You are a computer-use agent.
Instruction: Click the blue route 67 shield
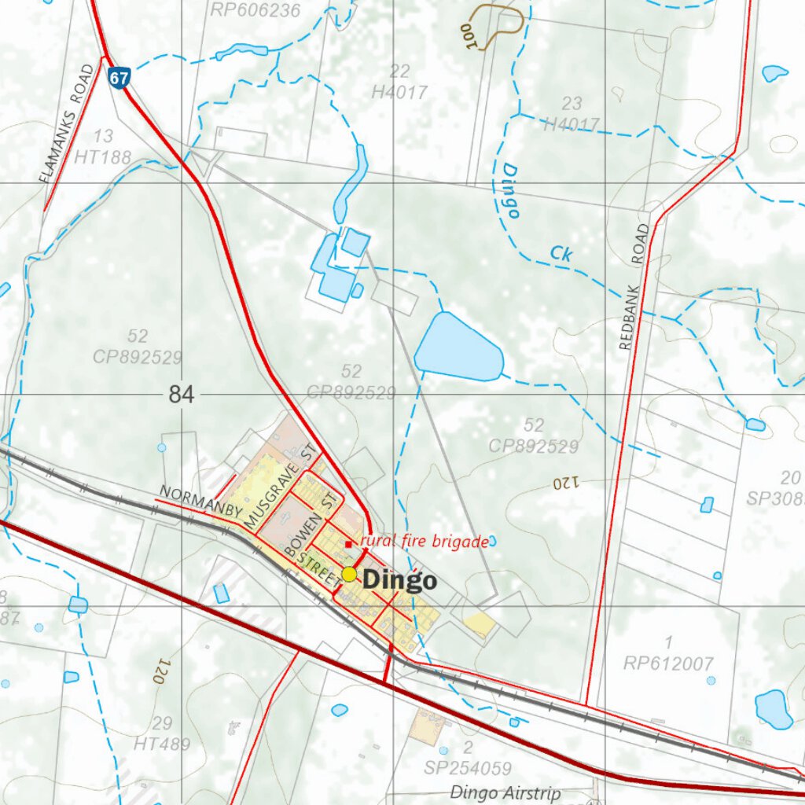pyautogui.click(x=119, y=78)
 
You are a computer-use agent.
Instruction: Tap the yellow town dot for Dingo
pyautogui.click(x=349, y=575)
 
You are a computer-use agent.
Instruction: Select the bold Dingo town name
pyautogui.click(x=399, y=581)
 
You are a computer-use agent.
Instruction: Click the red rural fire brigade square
pyautogui.click(x=348, y=544)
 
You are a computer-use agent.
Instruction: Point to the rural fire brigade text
pyautogui.click(x=425, y=541)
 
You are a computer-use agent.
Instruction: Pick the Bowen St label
pyautogui.click(x=312, y=526)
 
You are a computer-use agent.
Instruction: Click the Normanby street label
pyautogui.click(x=201, y=502)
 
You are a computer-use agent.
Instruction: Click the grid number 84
pyautogui.click(x=181, y=395)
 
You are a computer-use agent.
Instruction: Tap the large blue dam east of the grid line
pyautogui.click(x=458, y=347)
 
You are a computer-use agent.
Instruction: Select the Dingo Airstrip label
pyautogui.click(x=505, y=792)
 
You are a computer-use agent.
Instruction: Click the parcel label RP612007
pyautogui.click(x=667, y=663)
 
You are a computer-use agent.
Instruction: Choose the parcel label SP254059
pyautogui.click(x=467, y=768)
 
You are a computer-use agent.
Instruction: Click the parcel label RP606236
pyautogui.click(x=255, y=9)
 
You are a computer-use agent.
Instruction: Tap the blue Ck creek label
pyautogui.click(x=560, y=253)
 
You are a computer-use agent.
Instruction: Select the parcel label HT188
pyautogui.click(x=103, y=157)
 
